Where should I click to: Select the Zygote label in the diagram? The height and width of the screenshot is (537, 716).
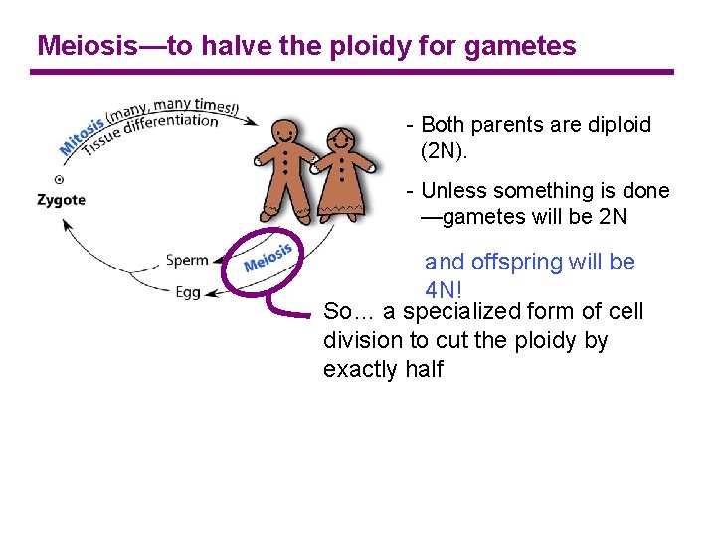pyautogui.click(x=61, y=199)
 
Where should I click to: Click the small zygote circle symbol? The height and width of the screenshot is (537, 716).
pyautogui.click(x=59, y=179)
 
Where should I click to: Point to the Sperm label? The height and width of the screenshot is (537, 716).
pyautogui.click(x=187, y=261)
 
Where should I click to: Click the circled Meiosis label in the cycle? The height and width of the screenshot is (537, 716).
pyautogui.click(x=268, y=258)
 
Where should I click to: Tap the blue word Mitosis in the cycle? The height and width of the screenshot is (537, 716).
pyautogui.click(x=81, y=137)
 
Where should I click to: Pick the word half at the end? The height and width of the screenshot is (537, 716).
pyautogui.click(x=423, y=370)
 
